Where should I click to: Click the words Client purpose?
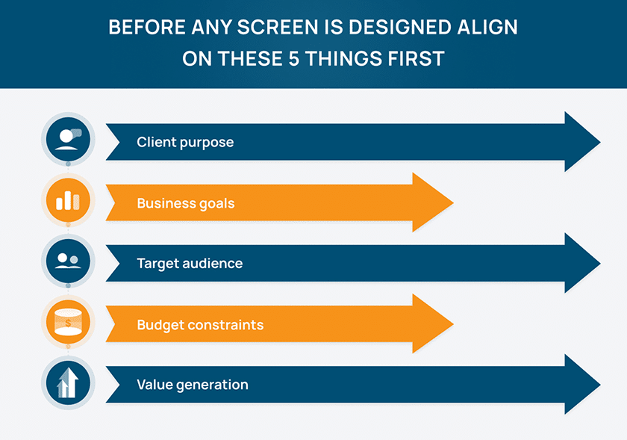point(185,142)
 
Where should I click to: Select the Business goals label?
point(185,203)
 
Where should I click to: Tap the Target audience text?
point(190,263)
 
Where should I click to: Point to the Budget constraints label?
point(200,325)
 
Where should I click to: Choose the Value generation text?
point(193,385)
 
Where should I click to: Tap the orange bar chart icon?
point(68,200)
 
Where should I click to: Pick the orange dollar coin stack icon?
point(68,322)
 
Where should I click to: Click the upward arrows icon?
point(68,382)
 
